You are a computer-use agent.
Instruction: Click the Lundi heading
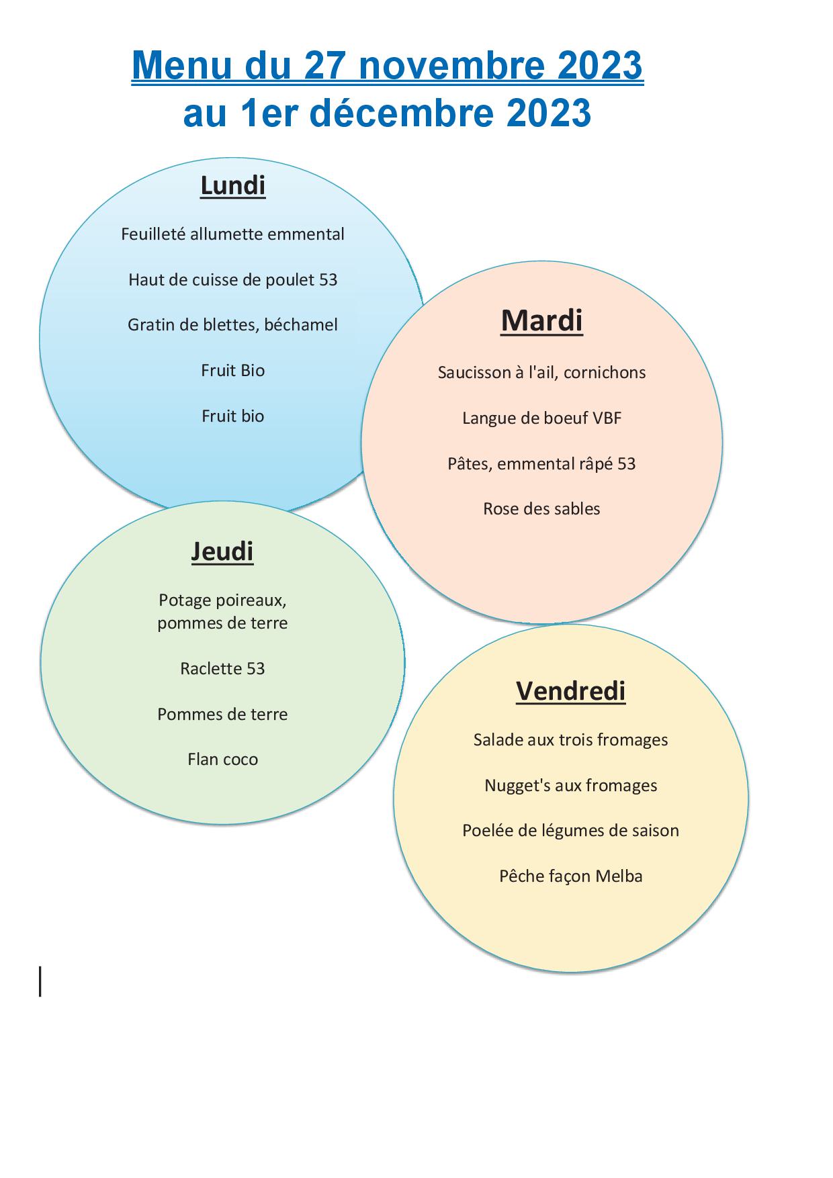233,185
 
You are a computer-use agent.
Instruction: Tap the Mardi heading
541,320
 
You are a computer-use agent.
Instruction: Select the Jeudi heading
222,551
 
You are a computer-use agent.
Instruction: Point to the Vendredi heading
571,690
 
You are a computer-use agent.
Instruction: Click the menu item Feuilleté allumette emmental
232,234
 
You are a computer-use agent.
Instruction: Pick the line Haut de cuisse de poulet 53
232,279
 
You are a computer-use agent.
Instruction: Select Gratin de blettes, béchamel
232,325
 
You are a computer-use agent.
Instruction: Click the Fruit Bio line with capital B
232,370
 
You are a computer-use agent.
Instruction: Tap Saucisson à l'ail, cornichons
541,373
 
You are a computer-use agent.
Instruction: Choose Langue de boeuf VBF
541,418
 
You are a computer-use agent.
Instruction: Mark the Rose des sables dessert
541,508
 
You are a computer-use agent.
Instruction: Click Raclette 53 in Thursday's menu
222,668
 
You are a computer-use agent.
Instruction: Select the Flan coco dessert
222,759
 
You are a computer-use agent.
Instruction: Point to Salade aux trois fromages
570,740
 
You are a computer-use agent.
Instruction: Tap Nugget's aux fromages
570,785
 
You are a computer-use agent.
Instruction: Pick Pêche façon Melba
570,876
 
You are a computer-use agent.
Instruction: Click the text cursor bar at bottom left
40,981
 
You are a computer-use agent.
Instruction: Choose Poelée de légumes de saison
570,831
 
